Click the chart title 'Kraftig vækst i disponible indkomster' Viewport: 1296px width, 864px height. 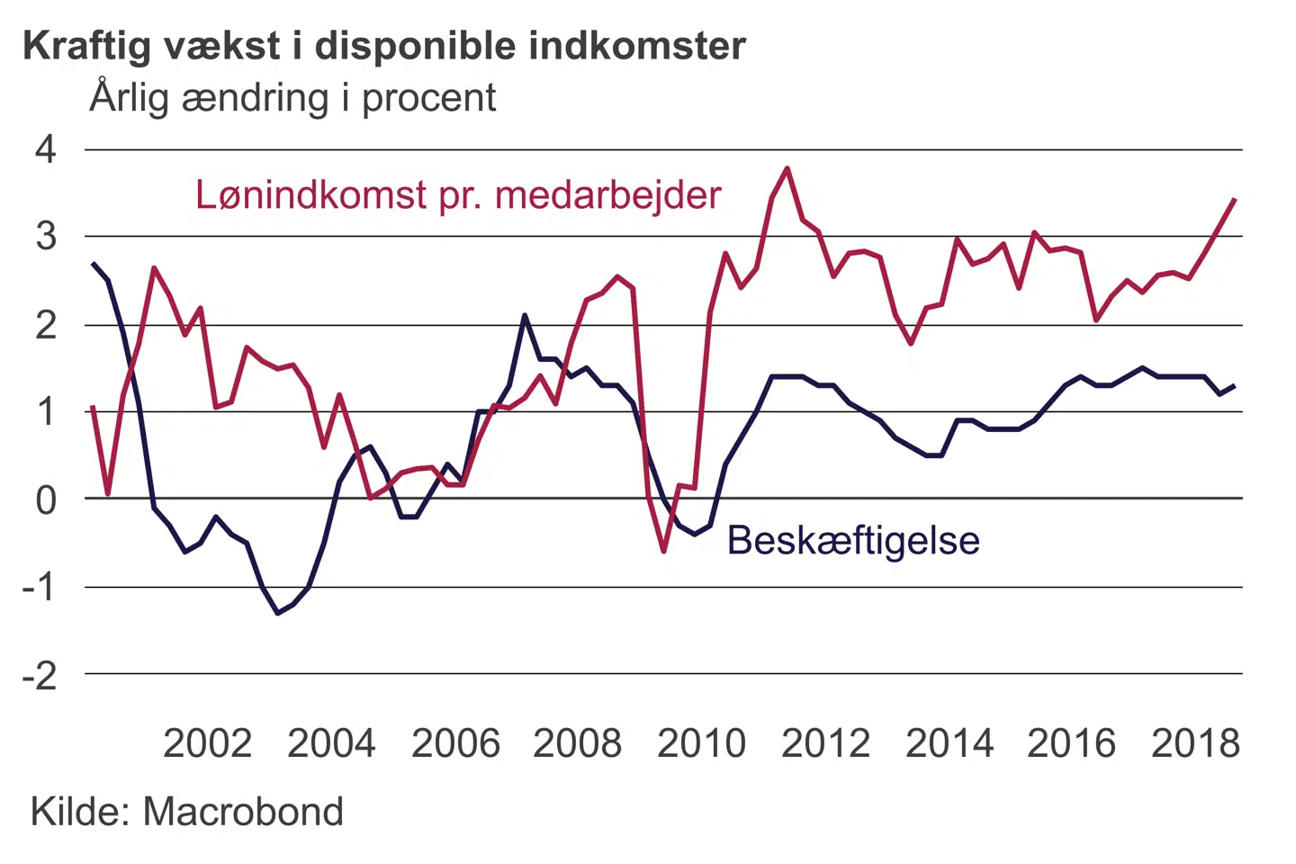tap(384, 46)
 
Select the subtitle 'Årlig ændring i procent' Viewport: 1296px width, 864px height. tap(292, 98)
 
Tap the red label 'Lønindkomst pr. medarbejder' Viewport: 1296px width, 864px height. tap(458, 195)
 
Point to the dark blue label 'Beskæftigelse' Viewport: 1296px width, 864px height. tap(853, 541)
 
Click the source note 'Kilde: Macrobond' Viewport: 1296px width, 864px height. tap(187, 812)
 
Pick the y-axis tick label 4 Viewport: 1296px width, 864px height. tap(46, 149)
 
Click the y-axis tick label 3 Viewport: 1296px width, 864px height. tap(46, 237)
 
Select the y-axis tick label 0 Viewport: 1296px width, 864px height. tap(46, 499)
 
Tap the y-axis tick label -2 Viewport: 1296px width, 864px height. tap(40, 675)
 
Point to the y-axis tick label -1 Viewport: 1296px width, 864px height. tap(40, 588)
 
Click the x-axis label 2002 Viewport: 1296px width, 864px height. tap(207, 744)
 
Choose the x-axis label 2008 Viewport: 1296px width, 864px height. tap(577, 744)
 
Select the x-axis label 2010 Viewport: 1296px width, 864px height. tap(701, 744)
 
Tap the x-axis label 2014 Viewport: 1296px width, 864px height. tap(949, 744)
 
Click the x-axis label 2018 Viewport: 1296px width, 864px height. tap(1195, 744)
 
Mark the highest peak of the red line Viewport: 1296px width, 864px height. tap(787, 168)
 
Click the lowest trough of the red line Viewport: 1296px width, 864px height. tap(664, 551)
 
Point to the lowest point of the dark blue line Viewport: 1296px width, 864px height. tap(277, 613)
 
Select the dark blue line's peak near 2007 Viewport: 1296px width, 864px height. tap(525, 315)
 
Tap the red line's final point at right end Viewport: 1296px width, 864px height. tap(1234, 199)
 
